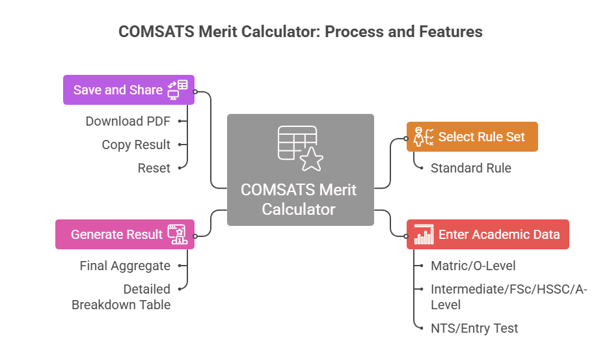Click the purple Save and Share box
pyautogui.click(x=128, y=90)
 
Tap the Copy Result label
pyautogui.click(x=135, y=145)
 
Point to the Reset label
pyautogui.click(x=154, y=168)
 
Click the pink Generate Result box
pyautogui.click(x=124, y=234)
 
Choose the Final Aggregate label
pyautogui.click(x=125, y=266)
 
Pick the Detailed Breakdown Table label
pyautogui.click(x=121, y=297)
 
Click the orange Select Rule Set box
pyautogui.click(x=472, y=137)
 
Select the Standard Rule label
pyautogui.click(x=471, y=168)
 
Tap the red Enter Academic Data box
pyautogui.click(x=487, y=234)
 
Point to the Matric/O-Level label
pyautogui.click(x=473, y=266)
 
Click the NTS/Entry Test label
pyautogui.click(x=474, y=328)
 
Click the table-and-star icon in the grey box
pyautogui.click(x=300, y=148)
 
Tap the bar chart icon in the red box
pyautogui.click(x=424, y=234)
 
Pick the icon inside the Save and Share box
pyautogui.click(x=178, y=90)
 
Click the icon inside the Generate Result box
pyautogui.click(x=177, y=234)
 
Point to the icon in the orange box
pyautogui.click(x=424, y=137)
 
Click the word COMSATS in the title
pyautogui.click(x=152, y=31)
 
